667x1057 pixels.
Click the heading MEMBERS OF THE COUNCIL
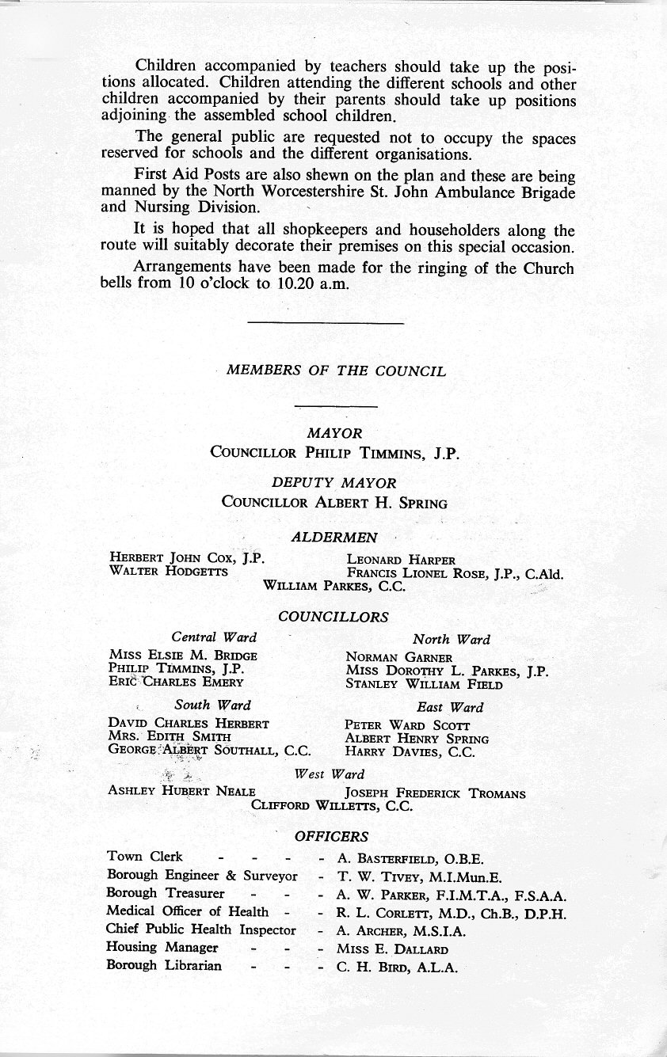pos(336,371)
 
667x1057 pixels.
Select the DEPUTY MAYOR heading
pos(333,482)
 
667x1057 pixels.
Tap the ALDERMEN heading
pos(334,538)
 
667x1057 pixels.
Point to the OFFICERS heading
pos(332,836)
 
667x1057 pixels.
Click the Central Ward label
pos(214,637)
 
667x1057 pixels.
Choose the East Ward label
pos(449,707)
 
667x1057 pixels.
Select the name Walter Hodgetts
pos(169,572)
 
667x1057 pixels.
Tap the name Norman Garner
pos(398,657)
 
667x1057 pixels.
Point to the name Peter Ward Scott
pos(407,725)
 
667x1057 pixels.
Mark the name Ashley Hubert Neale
pos(181,792)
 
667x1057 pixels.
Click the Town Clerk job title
pos(144,857)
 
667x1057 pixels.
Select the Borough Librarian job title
pos(164,966)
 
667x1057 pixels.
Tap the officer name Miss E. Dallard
pos(393,949)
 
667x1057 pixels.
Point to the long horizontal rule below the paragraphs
pos(326,322)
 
